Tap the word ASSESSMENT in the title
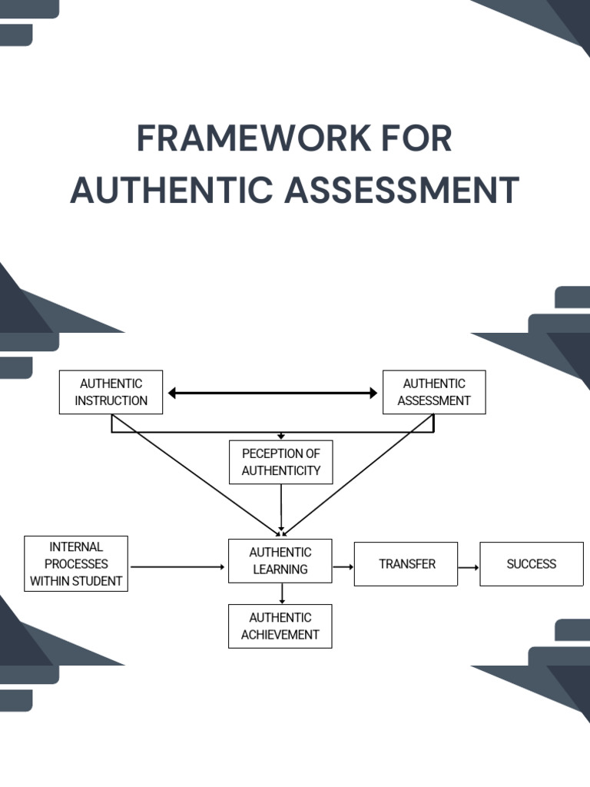point(402,191)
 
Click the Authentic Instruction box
point(111,392)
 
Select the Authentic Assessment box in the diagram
point(434,392)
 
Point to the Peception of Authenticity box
point(280,462)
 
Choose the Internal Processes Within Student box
point(75,564)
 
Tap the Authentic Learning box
point(280,561)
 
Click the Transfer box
point(406,564)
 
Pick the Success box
point(531,564)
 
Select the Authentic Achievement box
point(280,626)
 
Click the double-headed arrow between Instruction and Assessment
point(273,393)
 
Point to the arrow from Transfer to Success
point(469,567)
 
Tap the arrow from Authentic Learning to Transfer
point(343,566)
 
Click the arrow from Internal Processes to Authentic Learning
point(177,567)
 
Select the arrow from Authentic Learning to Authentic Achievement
point(282,593)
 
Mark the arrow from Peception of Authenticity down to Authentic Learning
point(281,507)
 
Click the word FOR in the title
point(419,139)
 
